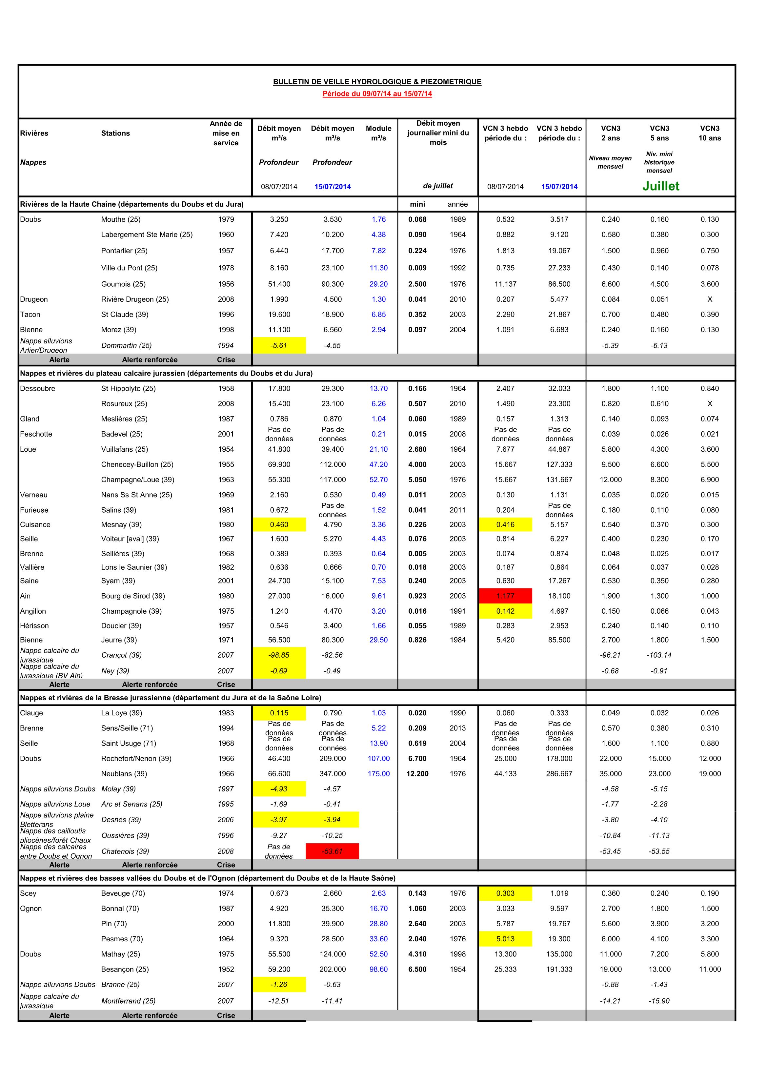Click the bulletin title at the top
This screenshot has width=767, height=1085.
point(377,82)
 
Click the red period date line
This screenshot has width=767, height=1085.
point(377,93)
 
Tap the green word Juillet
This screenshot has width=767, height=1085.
point(660,186)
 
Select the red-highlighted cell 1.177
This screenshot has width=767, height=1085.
point(505,596)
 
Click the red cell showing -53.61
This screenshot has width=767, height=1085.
point(332,851)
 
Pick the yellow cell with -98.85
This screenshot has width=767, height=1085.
point(279,655)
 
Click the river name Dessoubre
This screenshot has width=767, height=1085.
point(38,388)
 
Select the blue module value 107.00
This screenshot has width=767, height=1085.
point(378,758)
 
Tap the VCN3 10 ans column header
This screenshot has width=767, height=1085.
point(709,133)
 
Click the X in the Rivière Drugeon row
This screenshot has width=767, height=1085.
point(709,299)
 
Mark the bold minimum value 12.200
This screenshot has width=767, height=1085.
point(417,774)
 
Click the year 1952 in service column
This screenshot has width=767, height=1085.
point(226,969)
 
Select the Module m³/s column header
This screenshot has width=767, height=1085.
point(378,133)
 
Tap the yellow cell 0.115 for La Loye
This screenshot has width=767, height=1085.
point(279,713)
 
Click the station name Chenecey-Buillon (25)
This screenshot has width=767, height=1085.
point(137,464)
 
